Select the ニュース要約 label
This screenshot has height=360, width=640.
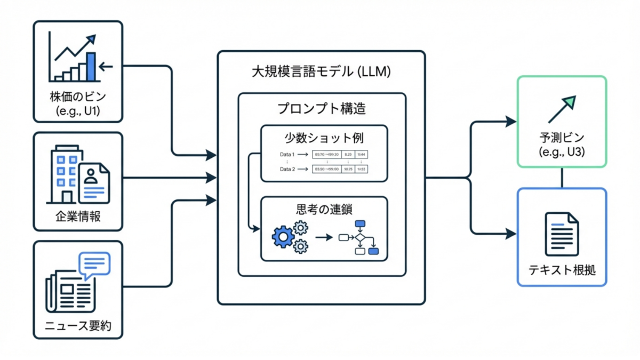point(78,325)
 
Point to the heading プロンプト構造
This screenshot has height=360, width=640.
point(322,109)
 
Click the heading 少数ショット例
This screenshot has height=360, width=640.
point(324,138)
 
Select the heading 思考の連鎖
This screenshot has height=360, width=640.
point(324,209)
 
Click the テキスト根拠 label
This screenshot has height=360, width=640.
point(562,270)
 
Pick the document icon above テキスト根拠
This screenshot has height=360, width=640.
point(562,233)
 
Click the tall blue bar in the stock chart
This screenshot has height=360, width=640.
point(91,66)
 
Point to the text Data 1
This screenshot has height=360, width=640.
point(287,155)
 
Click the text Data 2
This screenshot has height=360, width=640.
point(287,169)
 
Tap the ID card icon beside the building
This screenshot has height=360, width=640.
point(94,183)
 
